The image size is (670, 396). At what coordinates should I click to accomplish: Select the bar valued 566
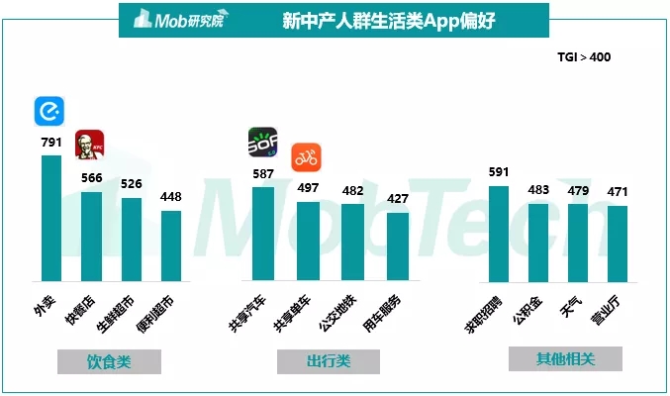pyautogui.click(x=91, y=237)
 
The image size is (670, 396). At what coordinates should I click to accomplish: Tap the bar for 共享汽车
pyautogui.click(x=262, y=234)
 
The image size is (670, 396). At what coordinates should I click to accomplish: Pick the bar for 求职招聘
pyautogui.click(x=499, y=234)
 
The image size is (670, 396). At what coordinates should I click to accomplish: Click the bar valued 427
pyautogui.click(x=397, y=247)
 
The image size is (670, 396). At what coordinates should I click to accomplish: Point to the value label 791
pyautogui.click(x=50, y=144)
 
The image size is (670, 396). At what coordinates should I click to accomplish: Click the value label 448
pyautogui.click(x=171, y=197)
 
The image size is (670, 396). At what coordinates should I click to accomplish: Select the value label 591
pyautogui.click(x=499, y=172)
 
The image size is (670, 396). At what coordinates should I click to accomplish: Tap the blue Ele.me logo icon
pyautogui.click(x=48, y=111)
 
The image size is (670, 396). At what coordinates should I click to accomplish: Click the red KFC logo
pyautogui.click(x=90, y=145)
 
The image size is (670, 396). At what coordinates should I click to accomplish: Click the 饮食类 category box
pyautogui.click(x=109, y=362)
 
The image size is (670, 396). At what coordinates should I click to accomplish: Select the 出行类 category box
pyautogui.click(x=329, y=362)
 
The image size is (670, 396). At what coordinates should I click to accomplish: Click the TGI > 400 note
pyautogui.click(x=584, y=57)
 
